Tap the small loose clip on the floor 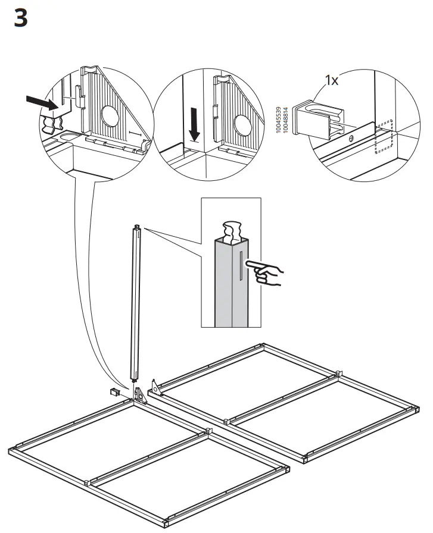pos(114,393)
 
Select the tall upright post pos(136,303)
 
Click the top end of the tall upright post pos(138,228)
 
